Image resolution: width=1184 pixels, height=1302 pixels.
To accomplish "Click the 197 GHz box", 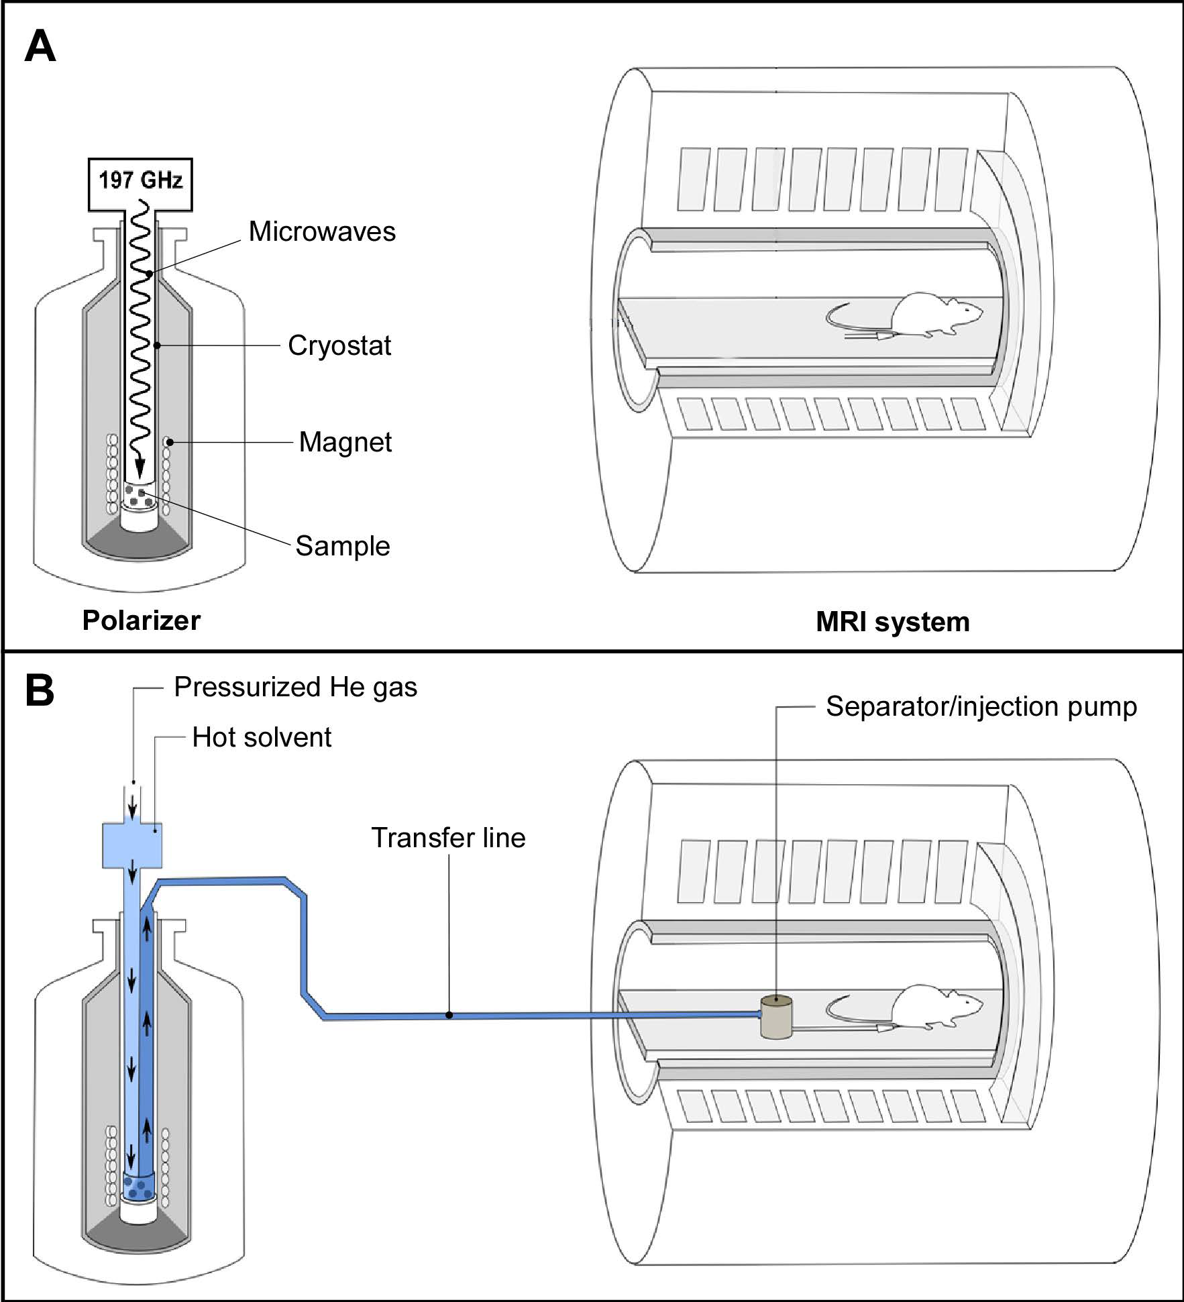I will click(140, 181).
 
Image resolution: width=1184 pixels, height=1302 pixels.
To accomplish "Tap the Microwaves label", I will click(322, 232).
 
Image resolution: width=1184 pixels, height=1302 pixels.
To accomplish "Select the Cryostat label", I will click(339, 346).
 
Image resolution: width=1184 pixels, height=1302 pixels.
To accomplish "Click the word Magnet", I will click(345, 443).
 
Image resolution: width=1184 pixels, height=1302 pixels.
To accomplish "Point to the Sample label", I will click(343, 546).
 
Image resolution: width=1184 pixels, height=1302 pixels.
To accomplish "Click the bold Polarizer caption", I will click(141, 621).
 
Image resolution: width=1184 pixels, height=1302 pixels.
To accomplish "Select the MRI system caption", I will click(892, 622).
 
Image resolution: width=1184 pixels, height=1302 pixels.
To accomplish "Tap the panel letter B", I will click(40, 692).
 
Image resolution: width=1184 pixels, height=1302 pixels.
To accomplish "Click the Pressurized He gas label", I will click(295, 688).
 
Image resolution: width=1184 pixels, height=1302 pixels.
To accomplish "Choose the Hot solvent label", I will click(262, 738).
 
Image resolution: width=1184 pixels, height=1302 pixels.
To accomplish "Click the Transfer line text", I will click(448, 838).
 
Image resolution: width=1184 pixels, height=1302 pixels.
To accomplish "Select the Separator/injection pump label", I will click(981, 707).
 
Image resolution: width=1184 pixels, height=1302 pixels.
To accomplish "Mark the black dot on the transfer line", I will click(449, 1015).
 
